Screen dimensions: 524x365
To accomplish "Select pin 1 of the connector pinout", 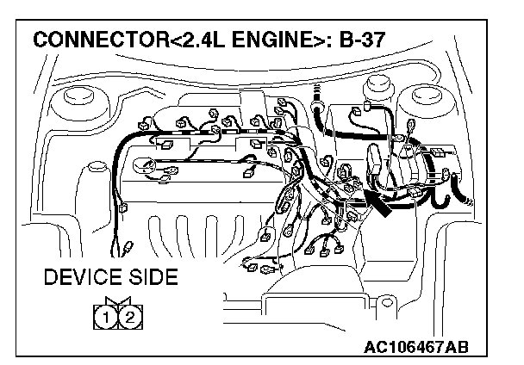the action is tap(105, 318).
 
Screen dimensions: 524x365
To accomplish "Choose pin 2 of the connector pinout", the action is tap(129, 318).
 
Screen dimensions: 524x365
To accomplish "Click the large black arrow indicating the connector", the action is tap(380, 203).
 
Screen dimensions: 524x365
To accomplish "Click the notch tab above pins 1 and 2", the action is tap(117, 302).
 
